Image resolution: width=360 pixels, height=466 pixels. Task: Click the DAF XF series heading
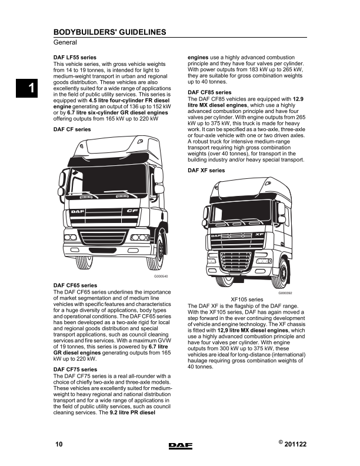[206, 171]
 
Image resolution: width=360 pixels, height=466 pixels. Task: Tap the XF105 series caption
[247, 299]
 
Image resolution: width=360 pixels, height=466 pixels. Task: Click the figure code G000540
[161, 277]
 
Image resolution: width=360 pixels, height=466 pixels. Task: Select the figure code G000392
[285, 292]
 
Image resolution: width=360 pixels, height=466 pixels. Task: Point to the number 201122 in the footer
[296, 445]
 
